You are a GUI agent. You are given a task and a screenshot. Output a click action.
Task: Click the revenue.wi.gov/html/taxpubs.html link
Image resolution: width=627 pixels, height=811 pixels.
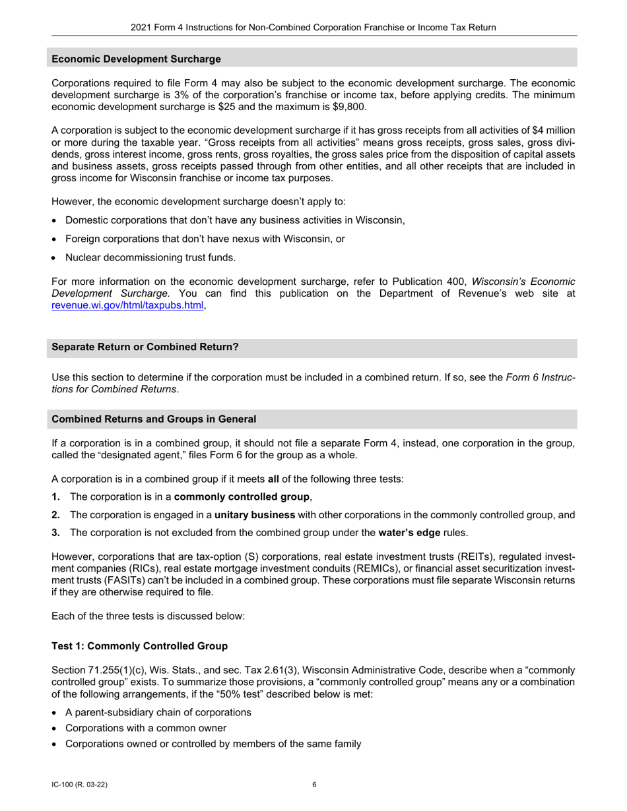click(x=127, y=305)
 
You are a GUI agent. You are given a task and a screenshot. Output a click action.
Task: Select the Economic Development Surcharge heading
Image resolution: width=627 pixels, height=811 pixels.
click(x=136, y=59)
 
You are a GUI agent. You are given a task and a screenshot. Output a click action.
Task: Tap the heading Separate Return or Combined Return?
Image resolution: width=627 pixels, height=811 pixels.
click(x=145, y=347)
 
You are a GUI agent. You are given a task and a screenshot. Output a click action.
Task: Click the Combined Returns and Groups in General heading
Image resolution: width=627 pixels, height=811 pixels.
click(x=154, y=419)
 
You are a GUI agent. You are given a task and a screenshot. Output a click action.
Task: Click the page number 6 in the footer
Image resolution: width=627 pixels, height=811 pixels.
click(x=314, y=785)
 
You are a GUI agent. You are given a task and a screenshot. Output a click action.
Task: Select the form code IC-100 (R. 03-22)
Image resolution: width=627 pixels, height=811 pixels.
click(x=79, y=785)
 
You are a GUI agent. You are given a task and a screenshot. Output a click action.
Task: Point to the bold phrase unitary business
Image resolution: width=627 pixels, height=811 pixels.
click(x=256, y=515)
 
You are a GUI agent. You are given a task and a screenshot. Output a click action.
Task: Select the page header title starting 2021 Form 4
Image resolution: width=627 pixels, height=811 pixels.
click(x=313, y=28)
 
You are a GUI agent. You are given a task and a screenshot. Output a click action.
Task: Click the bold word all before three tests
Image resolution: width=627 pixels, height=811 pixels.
click(x=273, y=479)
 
